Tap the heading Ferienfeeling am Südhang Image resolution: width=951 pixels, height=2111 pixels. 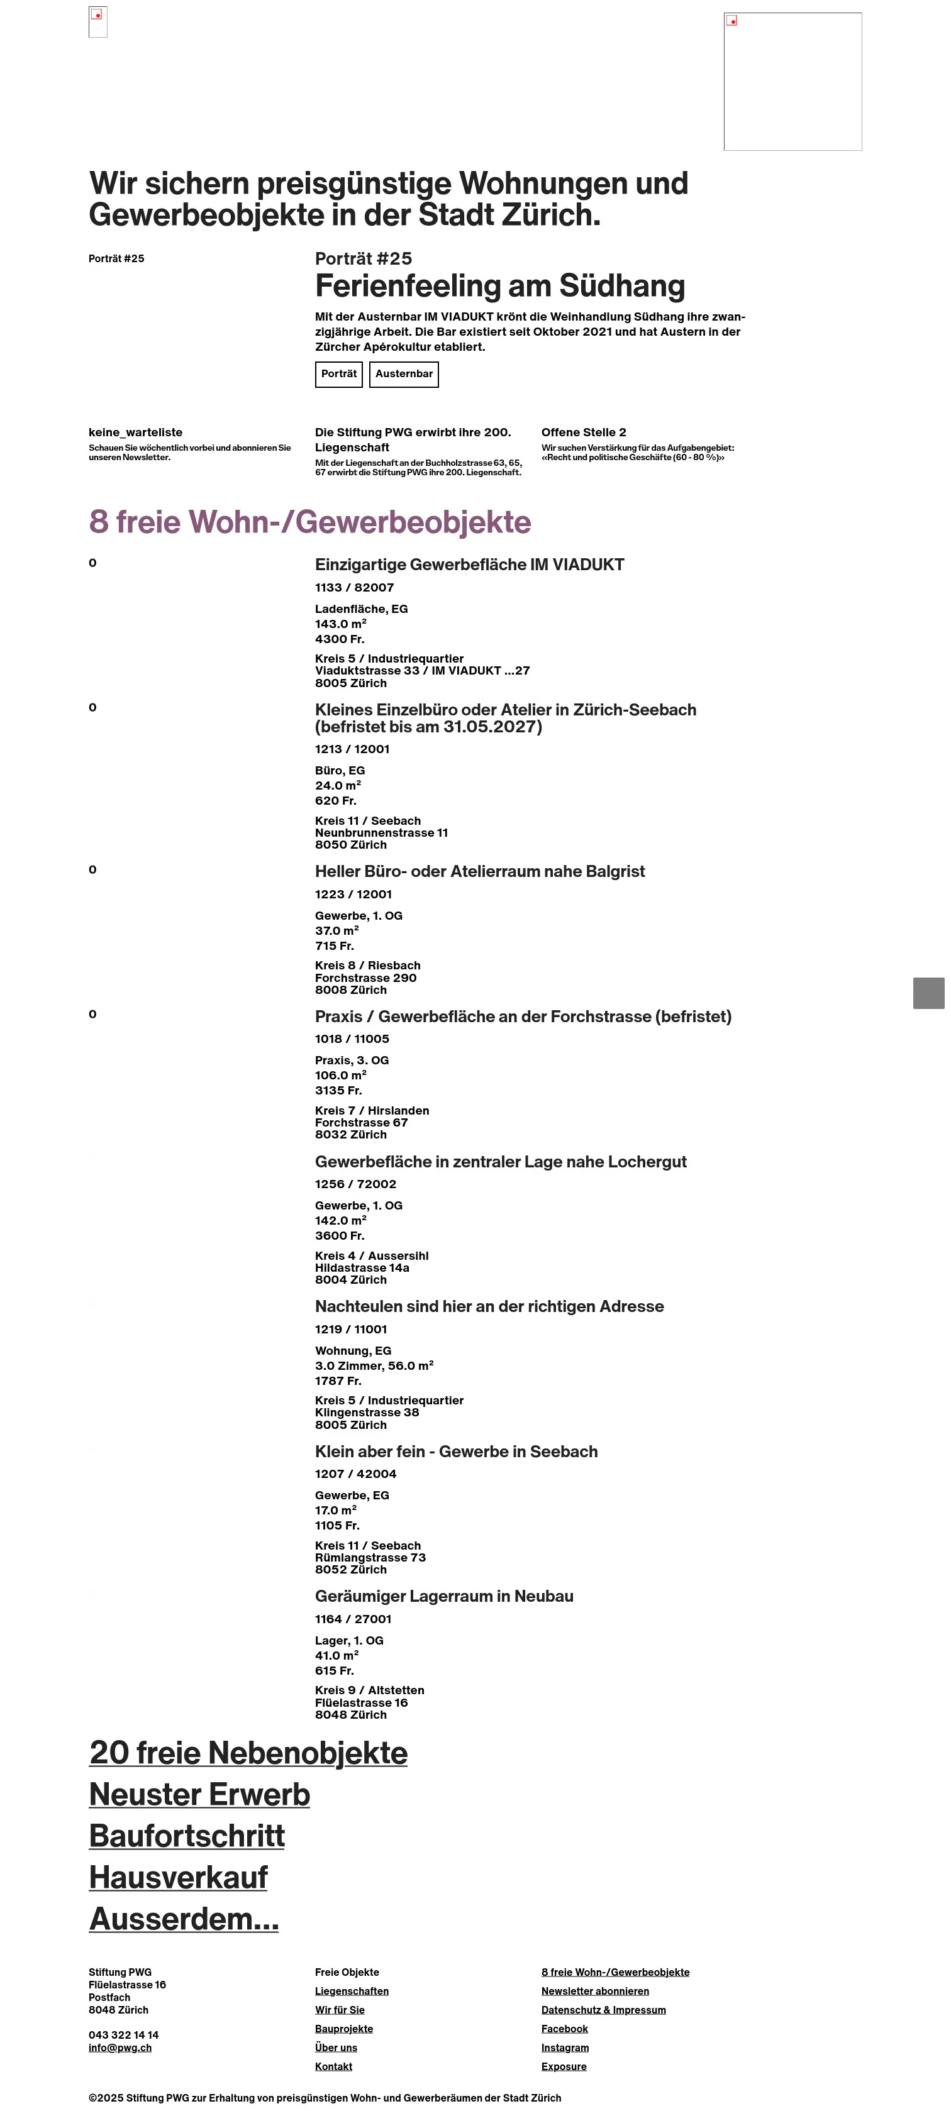499,286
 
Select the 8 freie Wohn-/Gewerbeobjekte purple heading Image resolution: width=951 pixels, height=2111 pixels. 310,522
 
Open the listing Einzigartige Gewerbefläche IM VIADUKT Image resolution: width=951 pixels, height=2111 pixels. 469,565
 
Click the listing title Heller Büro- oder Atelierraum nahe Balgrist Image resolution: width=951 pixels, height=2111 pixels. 480,871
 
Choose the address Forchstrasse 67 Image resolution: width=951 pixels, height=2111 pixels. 361,1123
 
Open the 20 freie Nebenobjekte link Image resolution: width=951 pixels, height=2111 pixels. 248,1753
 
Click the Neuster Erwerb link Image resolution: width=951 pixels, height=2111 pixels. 199,1795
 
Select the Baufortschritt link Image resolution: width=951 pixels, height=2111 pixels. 187,1836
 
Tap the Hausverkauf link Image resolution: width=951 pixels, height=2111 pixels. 178,1877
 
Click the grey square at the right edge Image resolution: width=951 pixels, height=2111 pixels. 928,993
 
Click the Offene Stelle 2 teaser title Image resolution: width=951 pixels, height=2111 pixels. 583,433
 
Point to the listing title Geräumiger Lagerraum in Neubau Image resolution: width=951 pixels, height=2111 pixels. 443,1596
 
